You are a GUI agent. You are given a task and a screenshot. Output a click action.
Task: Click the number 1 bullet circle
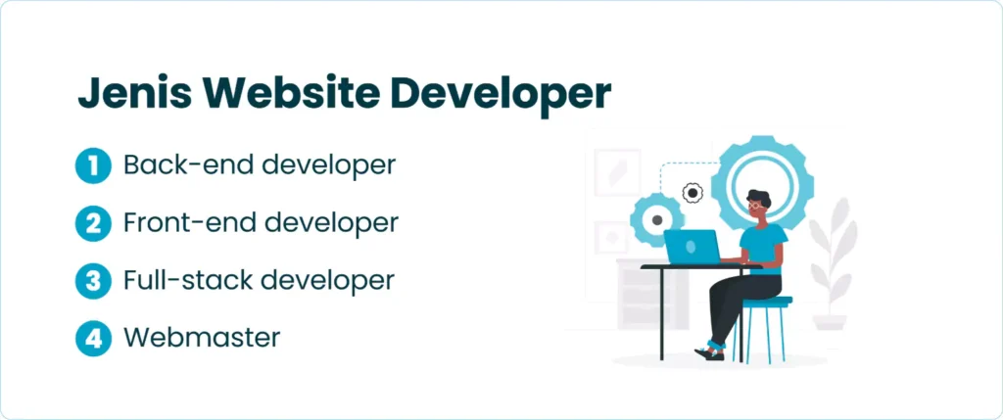point(93,165)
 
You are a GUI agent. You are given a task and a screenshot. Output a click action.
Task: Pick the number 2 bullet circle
point(93,223)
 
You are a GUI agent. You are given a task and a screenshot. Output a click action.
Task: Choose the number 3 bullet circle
point(93,281)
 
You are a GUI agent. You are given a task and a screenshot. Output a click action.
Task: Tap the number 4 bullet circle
point(93,338)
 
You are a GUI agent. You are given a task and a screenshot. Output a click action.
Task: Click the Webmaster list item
point(202,338)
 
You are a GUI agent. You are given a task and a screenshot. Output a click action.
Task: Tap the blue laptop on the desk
point(693,247)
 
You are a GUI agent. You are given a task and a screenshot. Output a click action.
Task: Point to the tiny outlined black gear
point(693,193)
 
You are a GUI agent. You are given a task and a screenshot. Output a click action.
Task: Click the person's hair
point(759,198)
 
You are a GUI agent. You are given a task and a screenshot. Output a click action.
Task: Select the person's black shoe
point(709,353)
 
